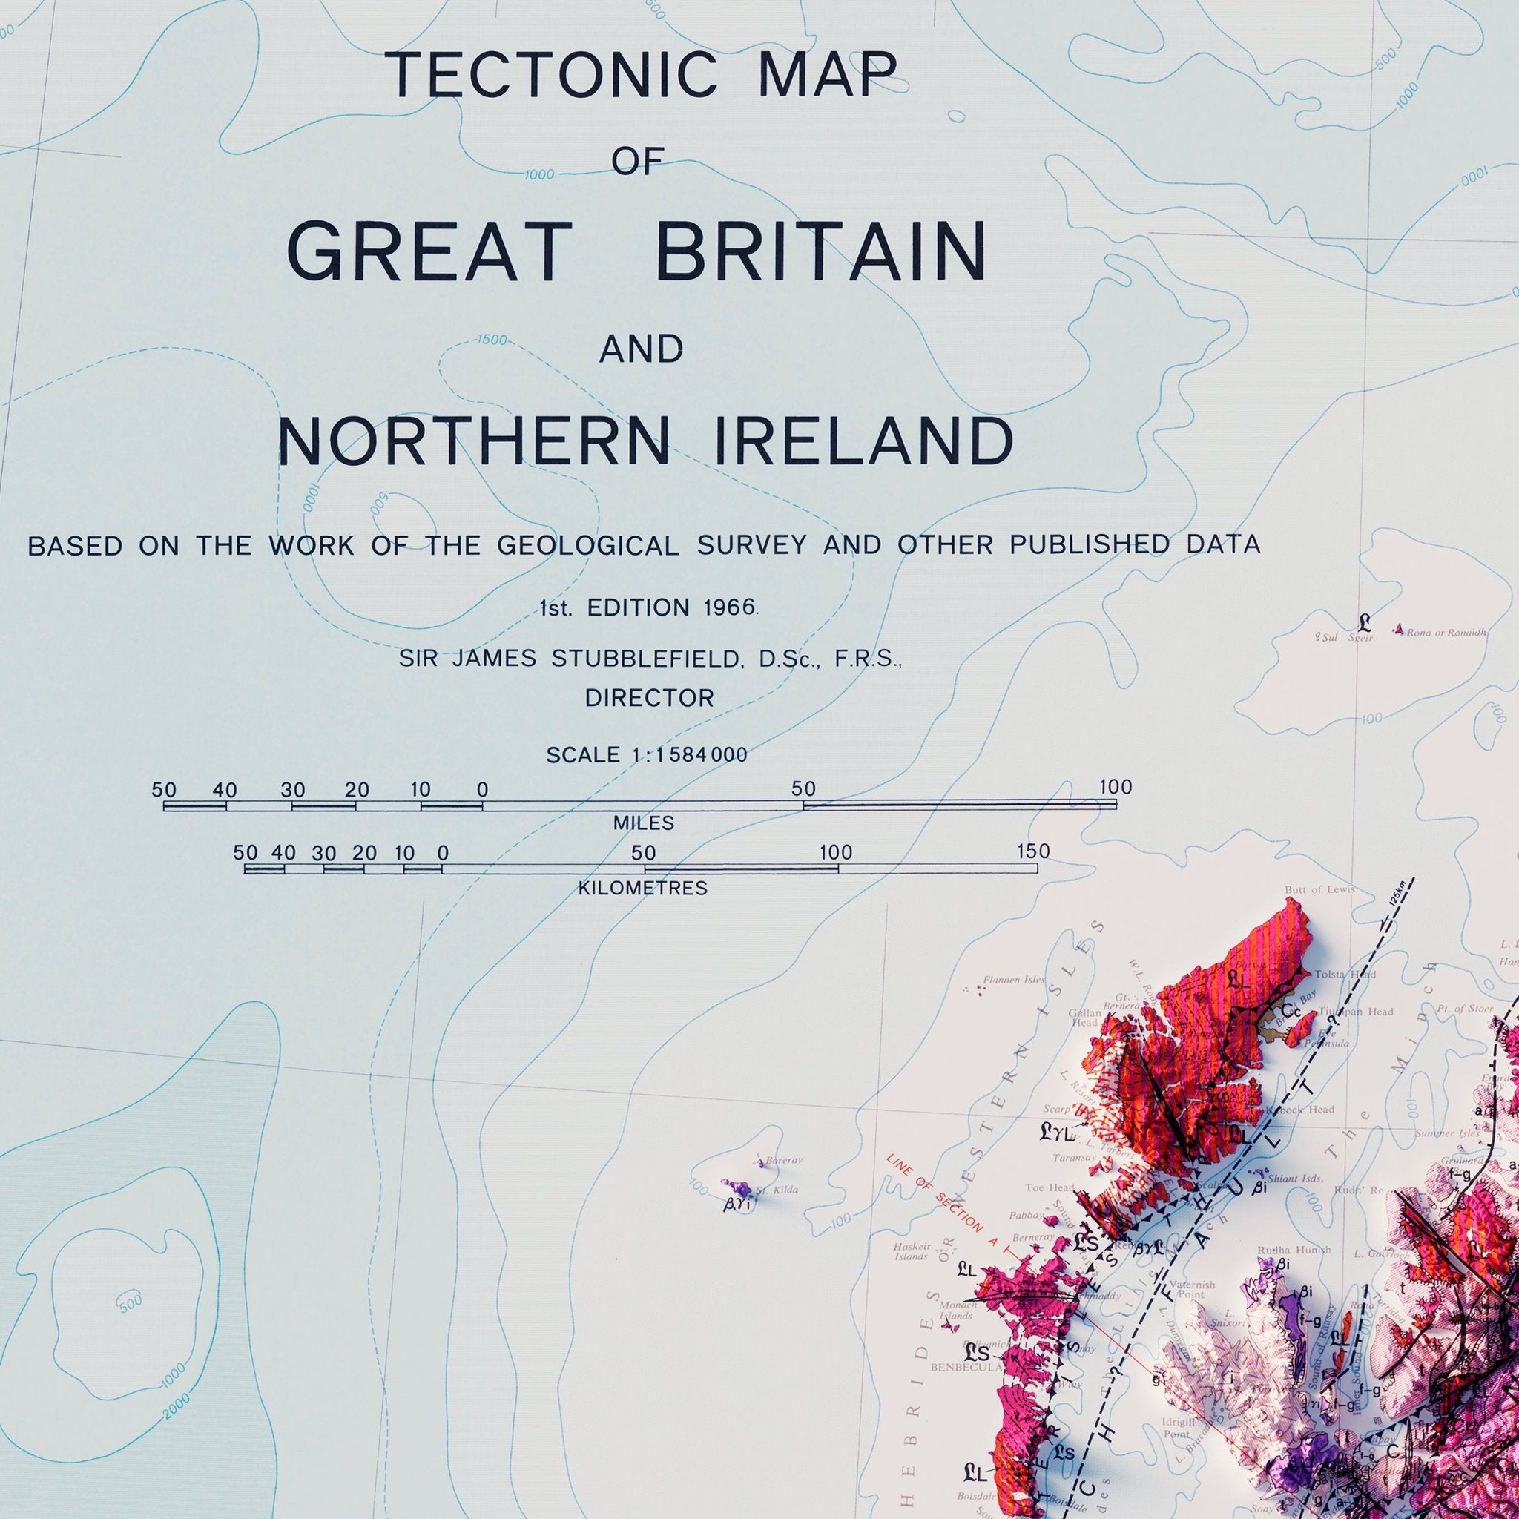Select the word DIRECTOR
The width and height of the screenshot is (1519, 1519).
pos(650,698)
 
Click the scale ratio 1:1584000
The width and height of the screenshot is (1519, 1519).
pos(689,756)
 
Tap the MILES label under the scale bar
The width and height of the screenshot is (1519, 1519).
pos(644,823)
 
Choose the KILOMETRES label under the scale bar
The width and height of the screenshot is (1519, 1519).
pos(643,889)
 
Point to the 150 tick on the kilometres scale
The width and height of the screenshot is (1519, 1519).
pos(1033,851)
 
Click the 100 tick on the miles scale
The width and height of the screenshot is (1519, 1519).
pos(1115,787)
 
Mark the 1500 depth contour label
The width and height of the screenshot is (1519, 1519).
pos(492,340)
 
